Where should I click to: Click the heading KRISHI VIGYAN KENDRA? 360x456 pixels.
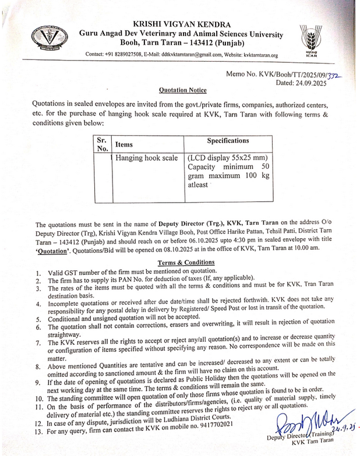click(x=182, y=24)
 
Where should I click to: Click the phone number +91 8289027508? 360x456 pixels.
click(x=124, y=55)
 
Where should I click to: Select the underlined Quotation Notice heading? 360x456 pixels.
click(x=182, y=91)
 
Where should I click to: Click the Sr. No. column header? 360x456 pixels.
click(x=102, y=144)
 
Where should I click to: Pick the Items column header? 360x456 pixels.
click(x=124, y=144)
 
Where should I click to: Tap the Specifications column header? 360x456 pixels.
click(x=228, y=140)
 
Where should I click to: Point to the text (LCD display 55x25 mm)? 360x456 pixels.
click(x=228, y=158)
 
